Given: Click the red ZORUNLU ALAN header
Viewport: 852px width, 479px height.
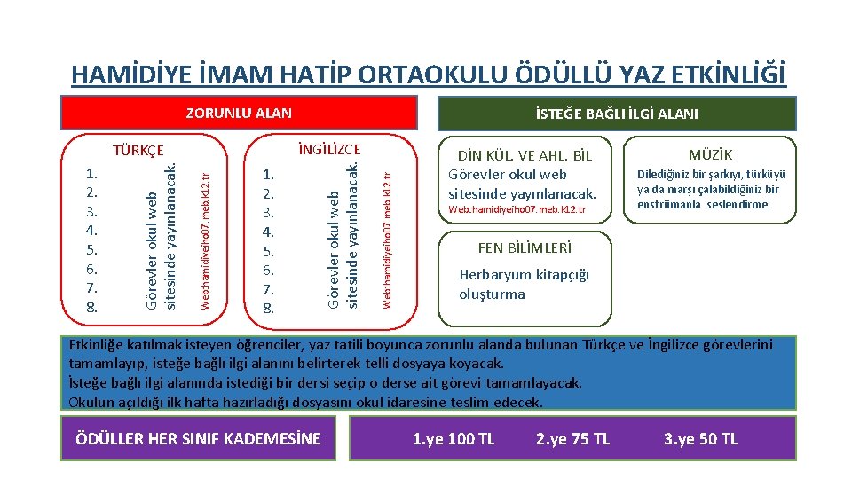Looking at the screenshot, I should [x=239, y=113].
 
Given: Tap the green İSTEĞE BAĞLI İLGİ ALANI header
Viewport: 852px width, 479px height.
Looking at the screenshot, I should [x=616, y=114].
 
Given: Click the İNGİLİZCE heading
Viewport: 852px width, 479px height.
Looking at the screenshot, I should [x=329, y=150].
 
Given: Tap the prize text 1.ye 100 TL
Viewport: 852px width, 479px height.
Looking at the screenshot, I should [x=454, y=439].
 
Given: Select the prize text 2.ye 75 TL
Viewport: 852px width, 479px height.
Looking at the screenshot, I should [x=573, y=439].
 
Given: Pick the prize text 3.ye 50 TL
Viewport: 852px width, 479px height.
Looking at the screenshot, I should [x=700, y=439].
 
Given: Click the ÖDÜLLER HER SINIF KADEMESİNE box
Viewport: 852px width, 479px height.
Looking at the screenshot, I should [x=199, y=439].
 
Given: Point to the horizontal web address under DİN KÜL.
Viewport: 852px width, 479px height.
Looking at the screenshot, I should [x=517, y=210].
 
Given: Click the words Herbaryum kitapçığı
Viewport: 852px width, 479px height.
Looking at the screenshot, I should [x=524, y=275].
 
